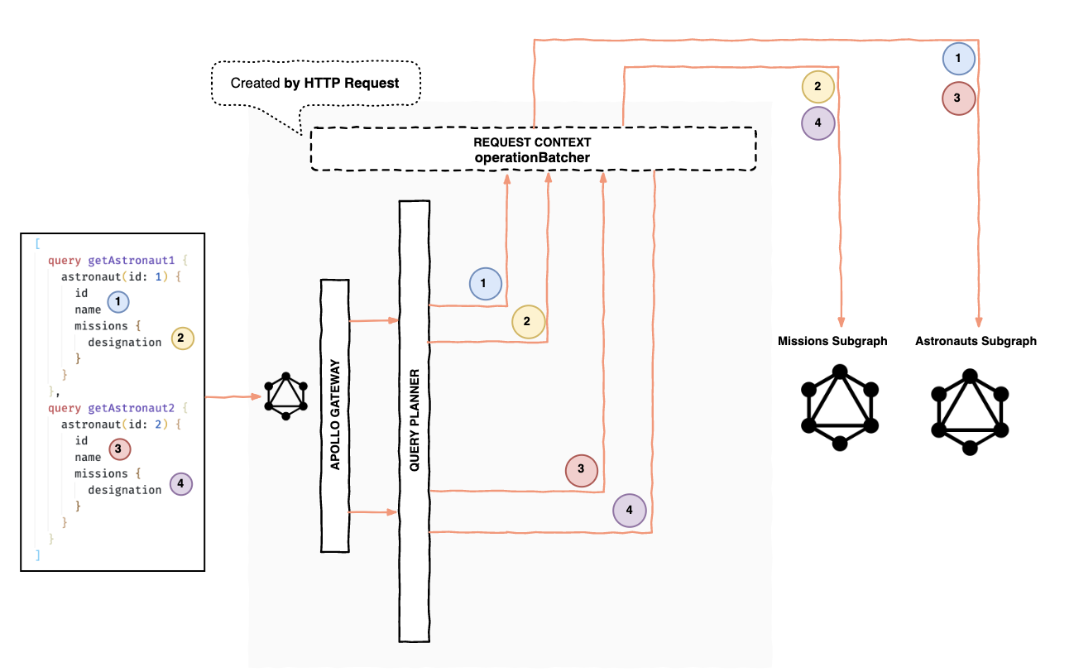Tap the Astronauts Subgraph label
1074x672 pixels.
(x=976, y=341)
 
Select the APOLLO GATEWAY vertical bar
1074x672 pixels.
(x=335, y=415)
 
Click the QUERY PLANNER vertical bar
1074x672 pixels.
(x=415, y=421)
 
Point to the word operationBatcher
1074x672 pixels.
(x=532, y=157)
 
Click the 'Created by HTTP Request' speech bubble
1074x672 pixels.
(x=315, y=83)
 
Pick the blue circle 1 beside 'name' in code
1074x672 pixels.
(x=118, y=303)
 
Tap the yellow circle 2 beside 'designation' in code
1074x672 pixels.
(x=181, y=337)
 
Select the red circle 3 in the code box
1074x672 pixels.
(x=121, y=449)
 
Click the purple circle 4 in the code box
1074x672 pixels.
(x=180, y=483)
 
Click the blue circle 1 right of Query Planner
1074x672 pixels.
(x=484, y=283)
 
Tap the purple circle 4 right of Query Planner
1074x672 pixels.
(x=629, y=511)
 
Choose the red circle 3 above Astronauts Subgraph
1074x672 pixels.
(x=958, y=98)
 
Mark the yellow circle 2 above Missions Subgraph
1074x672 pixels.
(x=817, y=85)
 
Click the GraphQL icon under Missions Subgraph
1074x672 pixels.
(x=839, y=409)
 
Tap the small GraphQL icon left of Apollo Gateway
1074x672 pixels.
(x=285, y=397)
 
